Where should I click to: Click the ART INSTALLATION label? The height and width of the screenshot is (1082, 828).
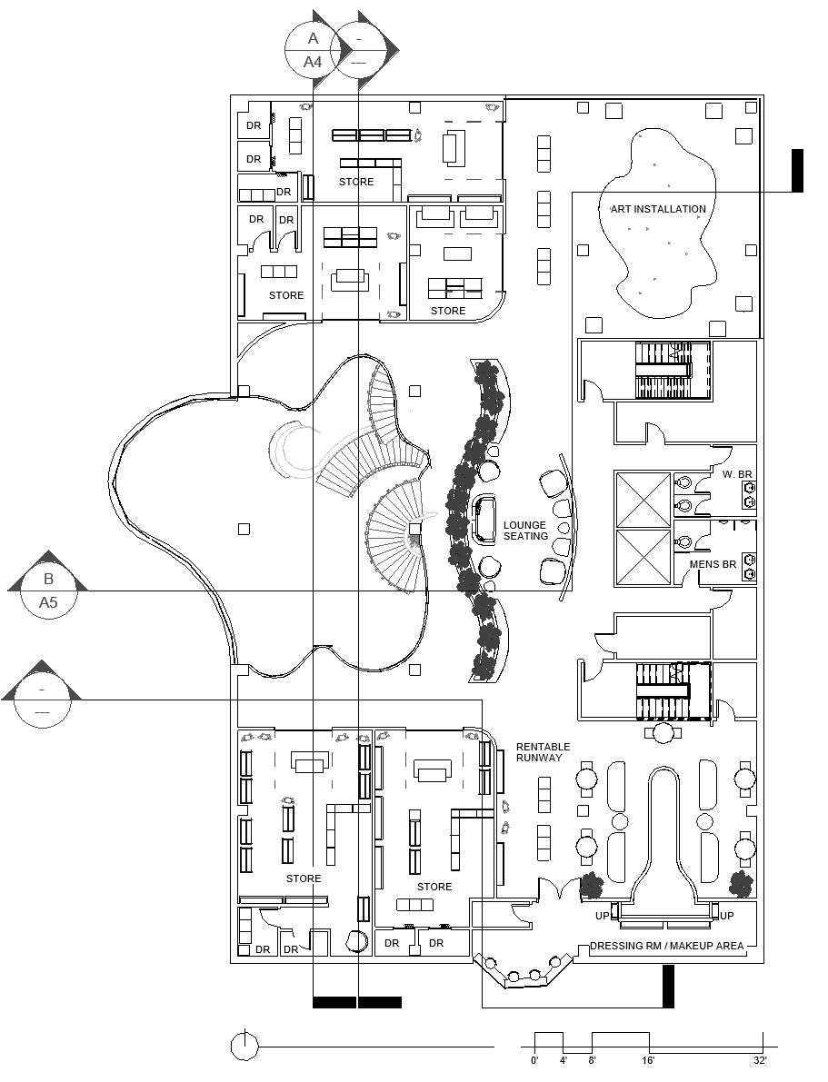click(x=658, y=209)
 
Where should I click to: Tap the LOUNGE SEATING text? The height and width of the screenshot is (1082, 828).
click(x=525, y=531)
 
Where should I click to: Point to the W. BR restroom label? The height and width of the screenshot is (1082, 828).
click(x=737, y=474)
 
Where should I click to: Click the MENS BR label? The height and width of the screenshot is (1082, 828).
click(x=713, y=564)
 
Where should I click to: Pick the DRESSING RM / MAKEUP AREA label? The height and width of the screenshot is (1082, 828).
click(x=667, y=946)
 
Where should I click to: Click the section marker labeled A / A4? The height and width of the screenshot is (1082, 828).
click(x=313, y=50)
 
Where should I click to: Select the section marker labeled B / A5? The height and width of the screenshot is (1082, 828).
click(x=48, y=590)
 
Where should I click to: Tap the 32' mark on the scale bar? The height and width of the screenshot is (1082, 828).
click(x=761, y=1060)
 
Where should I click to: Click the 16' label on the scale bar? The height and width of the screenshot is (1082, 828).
click(x=648, y=1060)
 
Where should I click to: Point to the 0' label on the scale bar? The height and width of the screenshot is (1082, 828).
click(x=534, y=1060)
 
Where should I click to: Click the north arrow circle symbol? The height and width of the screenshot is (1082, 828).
click(x=244, y=1047)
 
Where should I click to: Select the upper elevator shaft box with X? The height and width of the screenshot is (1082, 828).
click(x=643, y=499)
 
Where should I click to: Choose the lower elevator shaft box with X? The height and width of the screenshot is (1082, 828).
click(x=643, y=557)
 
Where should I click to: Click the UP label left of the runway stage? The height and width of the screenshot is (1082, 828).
click(x=602, y=916)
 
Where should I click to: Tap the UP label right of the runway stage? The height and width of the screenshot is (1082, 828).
click(x=727, y=916)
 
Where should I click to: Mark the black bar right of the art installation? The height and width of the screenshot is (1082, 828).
click(x=797, y=171)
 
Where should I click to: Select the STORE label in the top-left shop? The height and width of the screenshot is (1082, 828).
click(x=356, y=182)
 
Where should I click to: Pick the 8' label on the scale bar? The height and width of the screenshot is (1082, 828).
click(x=592, y=1060)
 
